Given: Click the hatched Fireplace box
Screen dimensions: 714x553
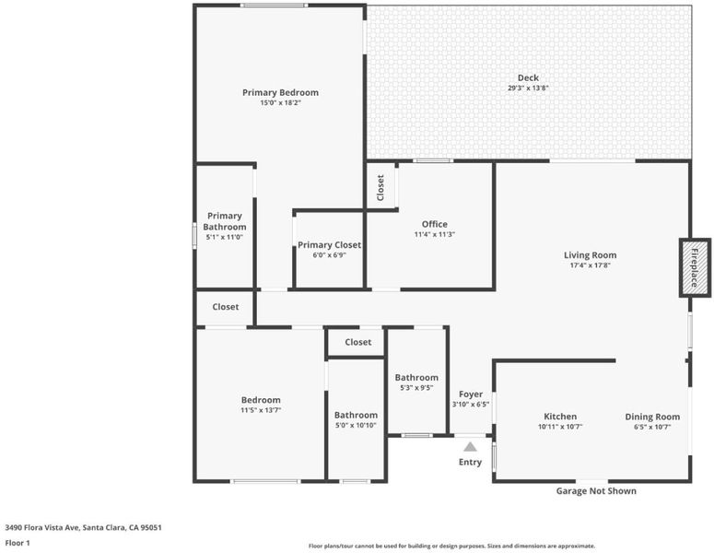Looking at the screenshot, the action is [695, 268].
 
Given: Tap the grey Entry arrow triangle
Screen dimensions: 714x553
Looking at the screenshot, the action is [471, 447].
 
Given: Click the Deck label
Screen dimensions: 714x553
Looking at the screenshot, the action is [528, 78].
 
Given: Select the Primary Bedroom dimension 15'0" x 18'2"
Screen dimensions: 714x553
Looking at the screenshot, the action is [280, 103].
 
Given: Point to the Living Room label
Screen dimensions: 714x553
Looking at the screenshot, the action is [591, 255].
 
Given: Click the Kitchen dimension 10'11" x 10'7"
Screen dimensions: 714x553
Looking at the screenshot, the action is [560, 427].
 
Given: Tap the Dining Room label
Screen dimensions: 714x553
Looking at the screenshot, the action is [652, 417].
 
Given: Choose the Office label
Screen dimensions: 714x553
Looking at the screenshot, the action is [435, 224].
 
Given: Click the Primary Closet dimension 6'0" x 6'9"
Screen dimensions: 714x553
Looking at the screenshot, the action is [329, 255].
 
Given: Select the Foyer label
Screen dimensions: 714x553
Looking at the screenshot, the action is [471, 394].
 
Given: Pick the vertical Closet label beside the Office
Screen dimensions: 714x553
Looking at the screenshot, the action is [380, 188].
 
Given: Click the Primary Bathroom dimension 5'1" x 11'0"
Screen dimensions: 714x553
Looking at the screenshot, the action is [225, 237].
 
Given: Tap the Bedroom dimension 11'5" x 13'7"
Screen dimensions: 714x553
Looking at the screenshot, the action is [261, 410].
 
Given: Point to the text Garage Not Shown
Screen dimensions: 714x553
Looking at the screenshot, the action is [596, 491].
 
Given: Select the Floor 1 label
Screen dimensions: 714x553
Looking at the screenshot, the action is [18, 543].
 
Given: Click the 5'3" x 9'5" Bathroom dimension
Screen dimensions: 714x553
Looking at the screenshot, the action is [416, 388].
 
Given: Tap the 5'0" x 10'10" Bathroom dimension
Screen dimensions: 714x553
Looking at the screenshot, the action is [356, 426].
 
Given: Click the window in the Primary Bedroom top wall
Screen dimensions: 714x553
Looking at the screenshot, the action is [274, 6].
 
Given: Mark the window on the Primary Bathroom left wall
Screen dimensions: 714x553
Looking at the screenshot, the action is [194, 236].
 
